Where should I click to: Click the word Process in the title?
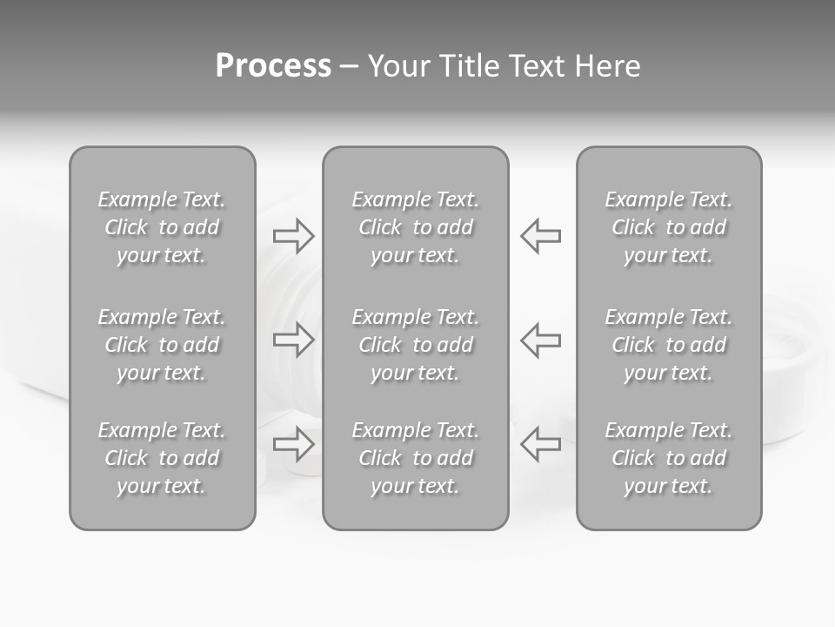[273, 66]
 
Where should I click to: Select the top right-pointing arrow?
[294, 236]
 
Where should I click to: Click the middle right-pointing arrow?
[294, 340]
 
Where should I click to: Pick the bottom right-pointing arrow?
[294, 444]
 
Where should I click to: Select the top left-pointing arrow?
[541, 236]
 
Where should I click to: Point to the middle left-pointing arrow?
[541, 340]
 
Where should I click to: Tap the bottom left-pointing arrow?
[541, 444]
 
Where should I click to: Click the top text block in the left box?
[162, 227]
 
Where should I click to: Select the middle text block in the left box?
[162, 345]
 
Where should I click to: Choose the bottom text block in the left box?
[162, 458]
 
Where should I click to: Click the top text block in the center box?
[416, 227]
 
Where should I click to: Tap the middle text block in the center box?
[416, 345]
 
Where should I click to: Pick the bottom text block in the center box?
[416, 458]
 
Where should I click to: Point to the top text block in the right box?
[669, 227]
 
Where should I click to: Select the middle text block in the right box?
[669, 345]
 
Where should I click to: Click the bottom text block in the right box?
[669, 458]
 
